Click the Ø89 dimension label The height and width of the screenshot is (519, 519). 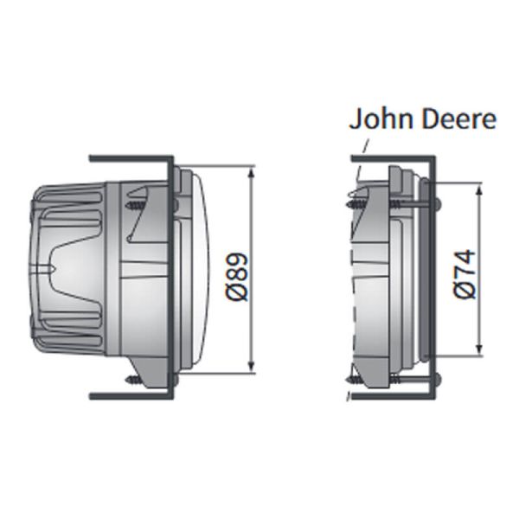click(x=240, y=276)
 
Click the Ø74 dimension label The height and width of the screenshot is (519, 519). click(x=465, y=273)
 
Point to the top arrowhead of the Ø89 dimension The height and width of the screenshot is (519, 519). click(x=251, y=172)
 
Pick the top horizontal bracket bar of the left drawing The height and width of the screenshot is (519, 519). click(x=130, y=158)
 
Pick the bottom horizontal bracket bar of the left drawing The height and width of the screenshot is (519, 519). click(x=130, y=397)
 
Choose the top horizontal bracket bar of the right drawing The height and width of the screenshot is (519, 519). click(x=389, y=158)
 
